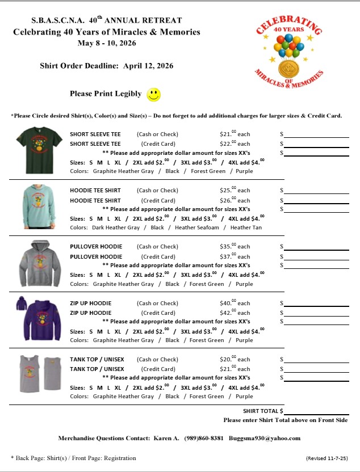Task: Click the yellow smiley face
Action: pos(154,95)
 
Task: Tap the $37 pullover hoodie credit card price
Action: pos(235,256)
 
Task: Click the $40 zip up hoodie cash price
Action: pos(235,303)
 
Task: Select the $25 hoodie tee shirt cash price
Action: pos(235,191)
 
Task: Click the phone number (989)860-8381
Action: pos(204,438)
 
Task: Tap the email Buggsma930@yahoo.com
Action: pos(265,438)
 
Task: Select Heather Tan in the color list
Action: pos(246,227)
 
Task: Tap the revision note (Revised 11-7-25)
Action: pos(327,458)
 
